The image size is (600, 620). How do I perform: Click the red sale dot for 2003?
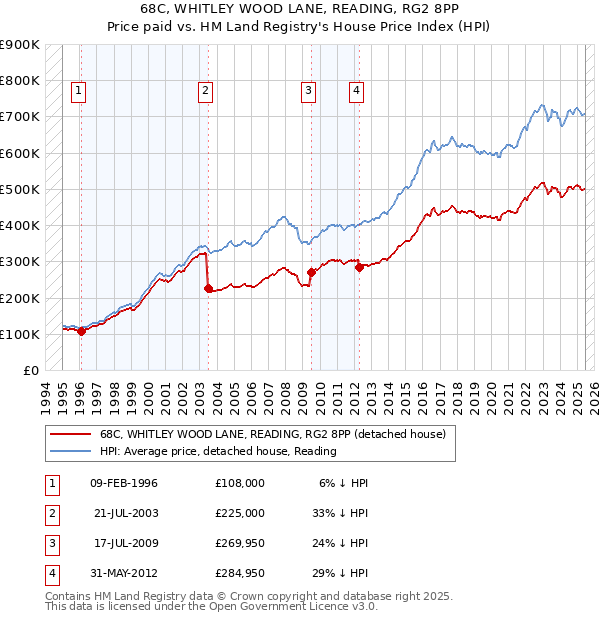208,289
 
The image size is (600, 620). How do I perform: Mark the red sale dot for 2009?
311,272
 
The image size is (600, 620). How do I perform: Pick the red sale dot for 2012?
359,267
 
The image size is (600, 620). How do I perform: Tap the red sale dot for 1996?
81,332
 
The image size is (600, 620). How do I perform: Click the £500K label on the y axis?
19,189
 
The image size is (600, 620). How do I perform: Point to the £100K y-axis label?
19,334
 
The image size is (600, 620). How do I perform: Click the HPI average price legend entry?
218,451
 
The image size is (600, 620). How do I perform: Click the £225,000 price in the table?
240,512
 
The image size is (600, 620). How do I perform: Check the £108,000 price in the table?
240,483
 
